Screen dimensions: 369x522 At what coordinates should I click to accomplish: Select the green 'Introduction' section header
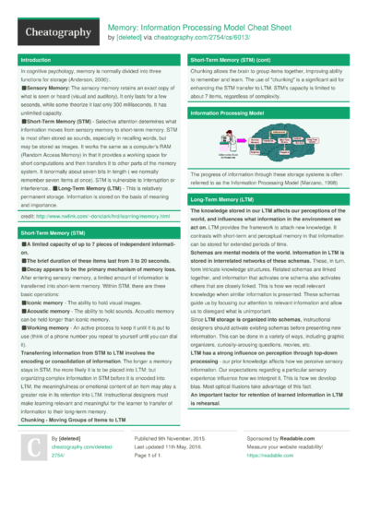38,59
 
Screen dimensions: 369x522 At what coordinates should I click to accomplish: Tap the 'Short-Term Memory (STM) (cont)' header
241,59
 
